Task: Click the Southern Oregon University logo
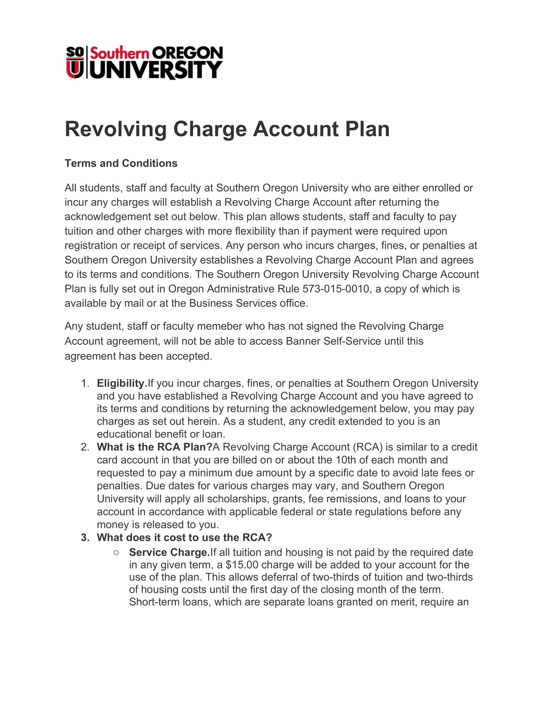click(144, 62)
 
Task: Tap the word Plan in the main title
click(367, 129)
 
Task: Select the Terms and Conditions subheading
click(121, 163)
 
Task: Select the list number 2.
click(85, 447)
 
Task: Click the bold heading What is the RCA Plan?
click(154, 447)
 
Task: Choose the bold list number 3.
click(85, 537)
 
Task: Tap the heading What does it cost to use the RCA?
click(184, 537)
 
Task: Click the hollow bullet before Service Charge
click(116, 552)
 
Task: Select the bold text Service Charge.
click(169, 552)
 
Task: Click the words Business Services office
click(248, 303)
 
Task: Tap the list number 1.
click(85, 383)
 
